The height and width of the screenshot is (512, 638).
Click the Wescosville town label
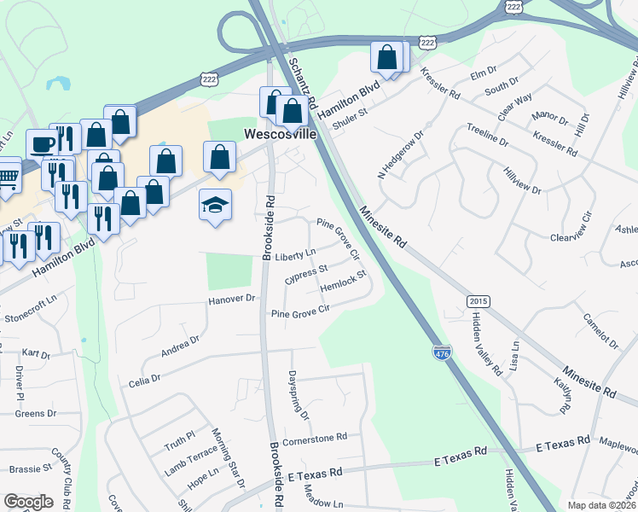[x=281, y=135]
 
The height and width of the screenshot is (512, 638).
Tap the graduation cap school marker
[x=215, y=205]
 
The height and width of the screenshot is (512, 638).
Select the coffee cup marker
[x=41, y=143]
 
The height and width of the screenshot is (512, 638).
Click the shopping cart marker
[x=7, y=176]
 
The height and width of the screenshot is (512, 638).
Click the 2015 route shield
[x=478, y=302]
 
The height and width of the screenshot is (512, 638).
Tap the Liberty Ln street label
[x=295, y=254]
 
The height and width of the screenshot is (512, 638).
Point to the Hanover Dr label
[x=233, y=300]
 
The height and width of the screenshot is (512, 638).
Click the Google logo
[x=29, y=501]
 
